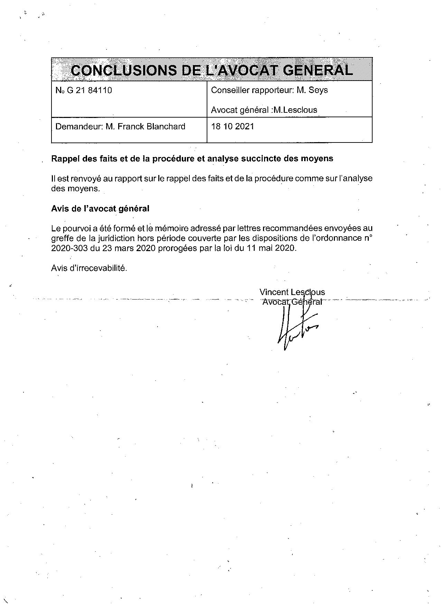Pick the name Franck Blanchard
pyautogui.click(x=151, y=127)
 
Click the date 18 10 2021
pyautogui.click(x=232, y=127)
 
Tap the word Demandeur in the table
pyautogui.click(x=78, y=127)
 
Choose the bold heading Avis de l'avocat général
pyautogui.click(x=100, y=209)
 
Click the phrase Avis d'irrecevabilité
pyautogui.click(x=89, y=268)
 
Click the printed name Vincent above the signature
pyautogui.click(x=274, y=292)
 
